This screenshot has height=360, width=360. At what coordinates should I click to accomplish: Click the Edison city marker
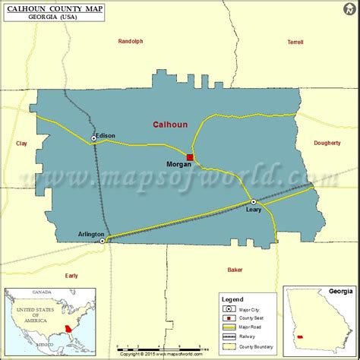coord(94,138)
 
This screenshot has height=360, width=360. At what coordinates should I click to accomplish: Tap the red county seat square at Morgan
coord(191,158)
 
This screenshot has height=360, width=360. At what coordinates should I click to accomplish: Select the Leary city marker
coord(254,201)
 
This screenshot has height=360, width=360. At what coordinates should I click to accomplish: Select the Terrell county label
coord(295,43)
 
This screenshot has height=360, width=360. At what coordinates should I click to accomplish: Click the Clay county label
coord(21,143)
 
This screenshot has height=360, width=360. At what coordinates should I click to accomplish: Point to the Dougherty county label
coord(327,143)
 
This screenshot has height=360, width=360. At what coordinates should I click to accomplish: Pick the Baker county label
coord(235,269)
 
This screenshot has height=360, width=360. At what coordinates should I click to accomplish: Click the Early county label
coord(71,275)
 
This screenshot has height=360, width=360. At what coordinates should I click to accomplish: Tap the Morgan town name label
coord(178,163)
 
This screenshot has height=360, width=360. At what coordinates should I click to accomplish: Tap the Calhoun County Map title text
coord(52,7)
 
